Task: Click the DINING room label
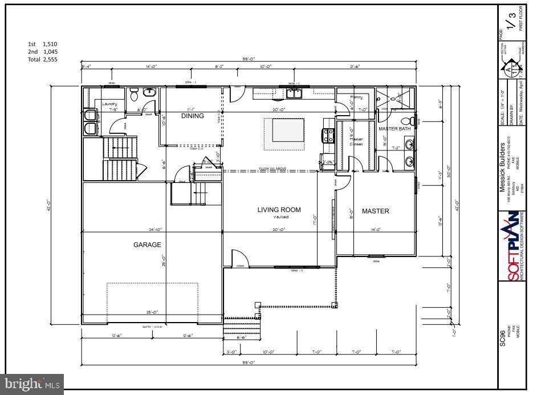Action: coord(193,116)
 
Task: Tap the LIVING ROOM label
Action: coord(279,210)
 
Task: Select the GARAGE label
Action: coord(147,245)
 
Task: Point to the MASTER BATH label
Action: coord(395,129)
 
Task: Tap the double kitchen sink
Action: coord(294,94)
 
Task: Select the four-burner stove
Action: coord(329,135)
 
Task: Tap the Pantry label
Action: coord(356,97)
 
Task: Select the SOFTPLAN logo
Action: coord(512,245)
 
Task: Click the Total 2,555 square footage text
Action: coord(43,59)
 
